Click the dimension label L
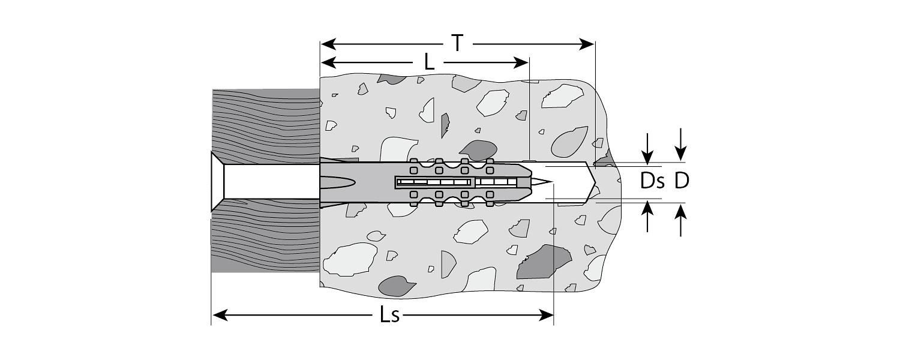(429, 62)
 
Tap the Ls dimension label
(389, 315)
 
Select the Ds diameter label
(653, 181)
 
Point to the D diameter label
(682, 181)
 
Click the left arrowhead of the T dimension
(328, 44)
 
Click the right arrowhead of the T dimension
(587, 44)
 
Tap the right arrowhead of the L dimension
(521, 62)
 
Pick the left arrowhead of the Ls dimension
(220, 316)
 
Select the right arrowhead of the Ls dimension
(545, 316)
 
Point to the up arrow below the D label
(680, 220)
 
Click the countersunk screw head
(218, 182)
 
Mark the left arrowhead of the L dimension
(329, 62)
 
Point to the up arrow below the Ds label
(647, 216)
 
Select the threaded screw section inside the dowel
(455, 182)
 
